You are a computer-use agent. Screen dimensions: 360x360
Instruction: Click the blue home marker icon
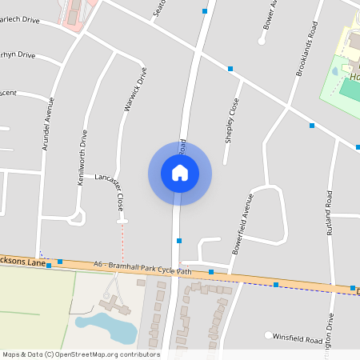click(180, 173)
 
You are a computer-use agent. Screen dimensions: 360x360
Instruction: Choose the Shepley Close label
click(232, 120)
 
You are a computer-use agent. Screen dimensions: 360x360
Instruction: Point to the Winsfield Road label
click(298, 339)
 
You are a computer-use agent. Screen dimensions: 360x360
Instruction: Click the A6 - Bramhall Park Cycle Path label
click(142, 267)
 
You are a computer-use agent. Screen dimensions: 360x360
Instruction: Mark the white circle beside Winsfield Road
click(269, 335)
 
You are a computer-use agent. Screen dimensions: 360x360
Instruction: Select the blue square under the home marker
click(179, 240)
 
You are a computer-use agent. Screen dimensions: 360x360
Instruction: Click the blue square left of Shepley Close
click(230, 69)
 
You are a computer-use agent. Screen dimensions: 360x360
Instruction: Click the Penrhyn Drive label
click(18, 55)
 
